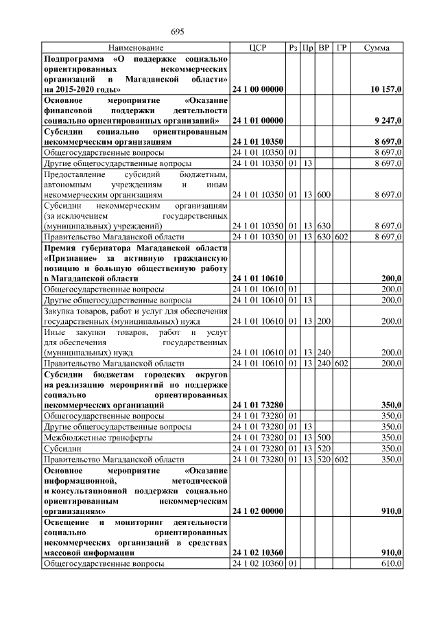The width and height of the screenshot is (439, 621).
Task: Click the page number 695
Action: coord(178,32)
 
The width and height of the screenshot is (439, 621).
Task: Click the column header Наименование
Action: coord(136,48)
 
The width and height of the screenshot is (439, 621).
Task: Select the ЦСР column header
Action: coord(257,48)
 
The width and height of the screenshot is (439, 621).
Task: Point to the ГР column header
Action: coord(342,48)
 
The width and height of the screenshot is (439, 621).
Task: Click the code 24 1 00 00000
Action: coord(257,89)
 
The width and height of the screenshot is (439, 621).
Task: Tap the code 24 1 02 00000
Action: coord(257,511)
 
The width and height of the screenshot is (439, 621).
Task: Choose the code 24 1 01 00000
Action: coord(257,120)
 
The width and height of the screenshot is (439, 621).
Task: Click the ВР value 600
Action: coord(324,195)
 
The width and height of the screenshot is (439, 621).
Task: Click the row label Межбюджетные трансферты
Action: coord(98,437)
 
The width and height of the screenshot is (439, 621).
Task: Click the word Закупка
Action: coord(60,311)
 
